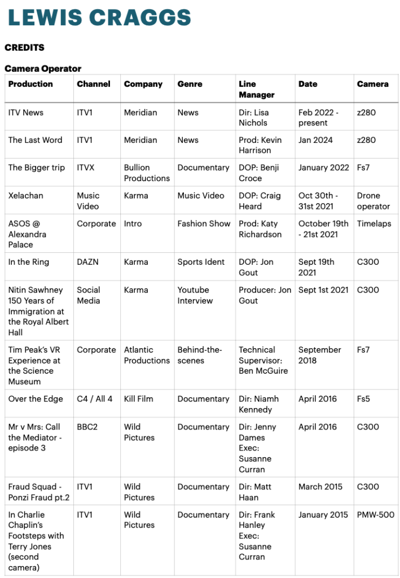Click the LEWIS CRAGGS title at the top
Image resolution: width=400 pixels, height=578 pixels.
pos(99,17)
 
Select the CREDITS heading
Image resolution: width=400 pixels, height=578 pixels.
pos(24,47)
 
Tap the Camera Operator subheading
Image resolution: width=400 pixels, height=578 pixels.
pos(43,68)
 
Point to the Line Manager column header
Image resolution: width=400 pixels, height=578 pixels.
pos(257,89)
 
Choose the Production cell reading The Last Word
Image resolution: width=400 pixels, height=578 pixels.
pos(35,140)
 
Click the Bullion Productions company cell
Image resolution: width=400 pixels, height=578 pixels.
pos(147,173)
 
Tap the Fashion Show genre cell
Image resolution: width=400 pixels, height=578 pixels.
pos(204,224)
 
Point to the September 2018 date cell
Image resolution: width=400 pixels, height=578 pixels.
pos(320,355)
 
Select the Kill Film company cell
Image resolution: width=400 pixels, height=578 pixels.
pos(138,399)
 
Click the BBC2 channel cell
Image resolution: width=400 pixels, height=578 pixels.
pos(87,427)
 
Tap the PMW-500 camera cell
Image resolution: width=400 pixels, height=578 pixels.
pos(375,515)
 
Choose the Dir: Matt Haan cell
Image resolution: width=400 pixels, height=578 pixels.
pos(258,492)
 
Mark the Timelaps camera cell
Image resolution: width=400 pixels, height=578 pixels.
pos(373,224)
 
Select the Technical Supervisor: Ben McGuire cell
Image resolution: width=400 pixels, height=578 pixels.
pos(263,360)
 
